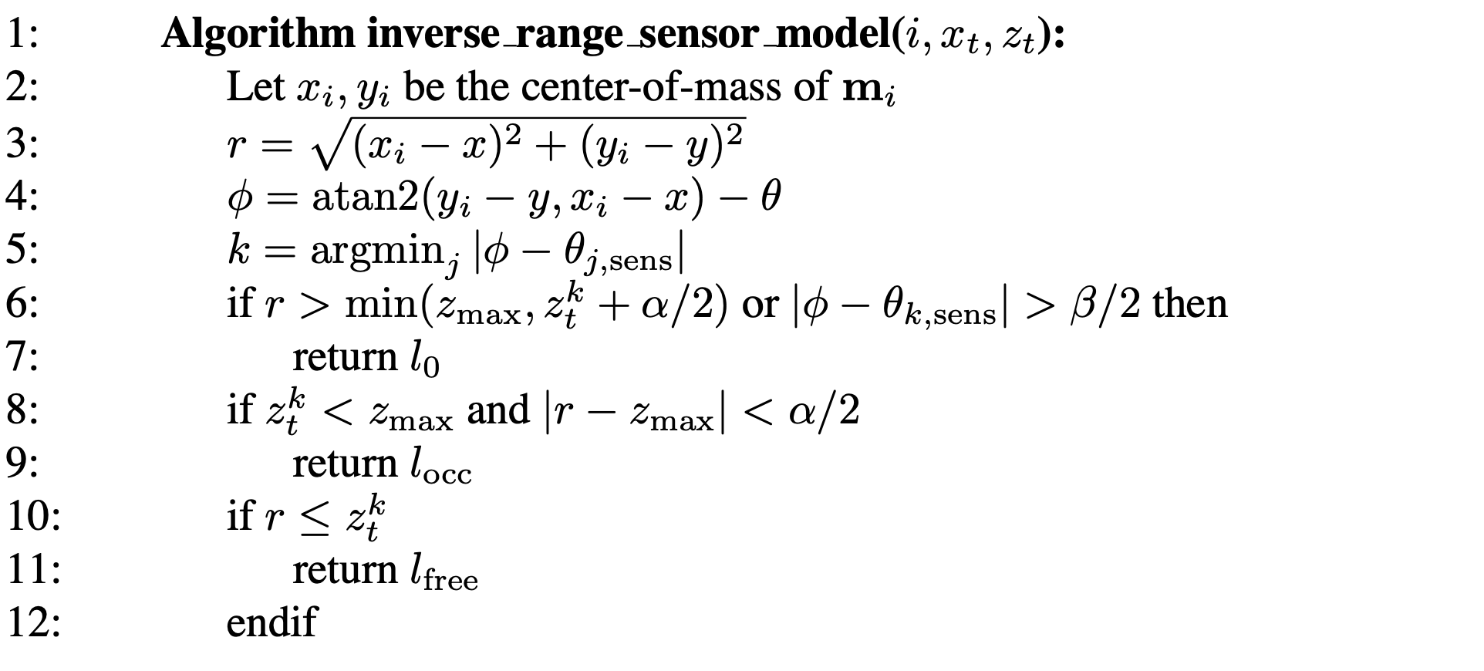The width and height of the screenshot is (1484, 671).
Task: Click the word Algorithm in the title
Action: tap(258, 35)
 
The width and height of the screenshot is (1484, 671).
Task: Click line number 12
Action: tap(33, 622)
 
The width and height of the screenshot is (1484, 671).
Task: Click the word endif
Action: tap(272, 622)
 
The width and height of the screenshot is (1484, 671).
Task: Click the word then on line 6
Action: tap(1189, 304)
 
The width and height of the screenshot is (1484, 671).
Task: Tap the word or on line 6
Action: tap(760, 305)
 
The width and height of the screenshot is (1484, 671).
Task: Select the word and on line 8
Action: tap(498, 410)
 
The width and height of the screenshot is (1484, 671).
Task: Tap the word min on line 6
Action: tap(381, 304)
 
